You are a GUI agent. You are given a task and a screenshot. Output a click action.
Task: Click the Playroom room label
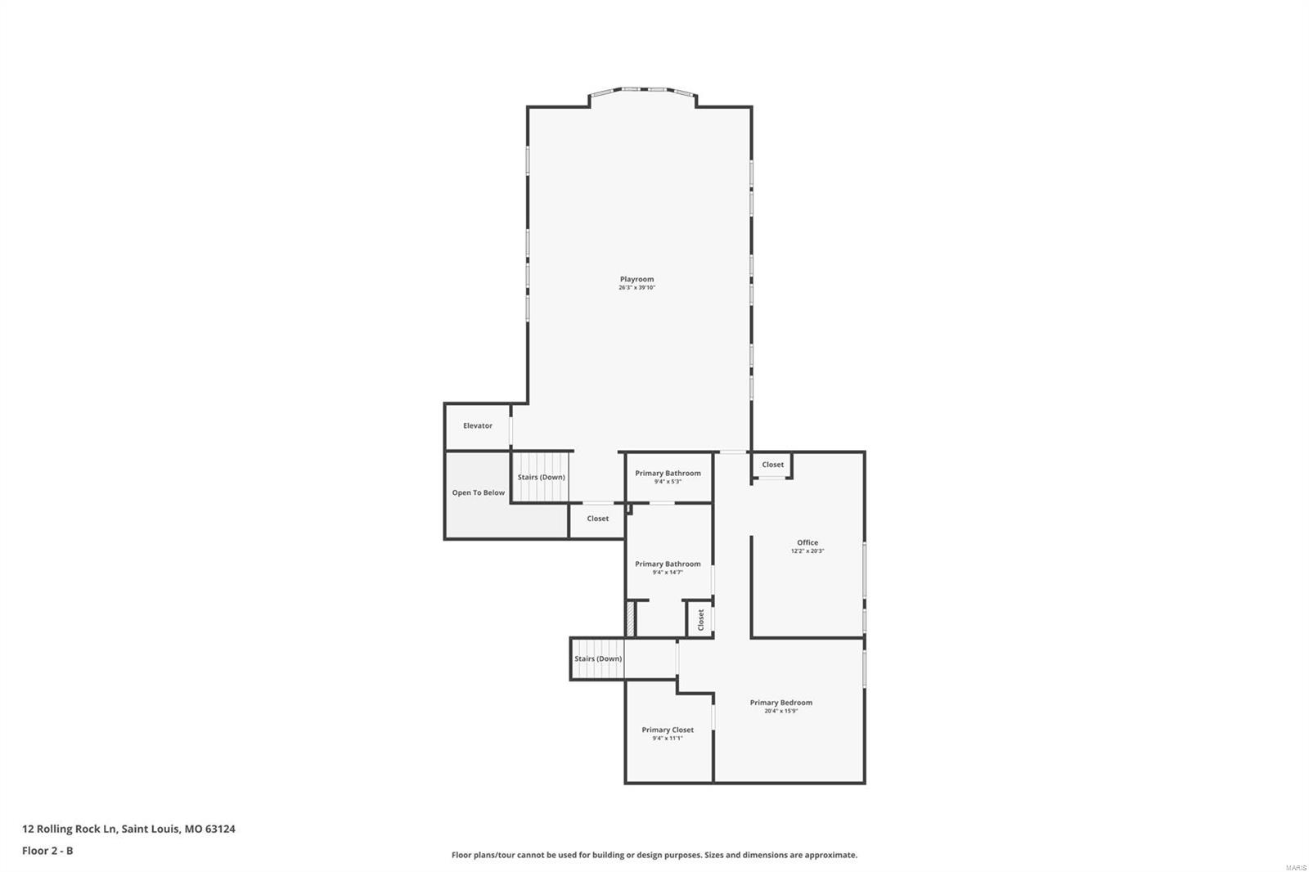637,279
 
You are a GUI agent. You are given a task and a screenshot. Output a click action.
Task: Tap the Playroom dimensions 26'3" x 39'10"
637,288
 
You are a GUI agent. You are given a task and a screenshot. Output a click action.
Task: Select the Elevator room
478,425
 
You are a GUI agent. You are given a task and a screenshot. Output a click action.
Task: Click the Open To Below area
479,492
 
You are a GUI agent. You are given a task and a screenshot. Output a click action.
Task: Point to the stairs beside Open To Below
541,477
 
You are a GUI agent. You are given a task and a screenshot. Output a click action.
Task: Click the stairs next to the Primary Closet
598,658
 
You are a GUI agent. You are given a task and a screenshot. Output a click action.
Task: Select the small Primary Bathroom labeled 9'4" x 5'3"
668,477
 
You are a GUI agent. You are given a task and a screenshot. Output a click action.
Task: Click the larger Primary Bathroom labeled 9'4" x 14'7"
668,567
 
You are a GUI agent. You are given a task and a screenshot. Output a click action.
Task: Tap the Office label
807,542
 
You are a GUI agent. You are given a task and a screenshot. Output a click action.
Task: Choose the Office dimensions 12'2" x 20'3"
807,551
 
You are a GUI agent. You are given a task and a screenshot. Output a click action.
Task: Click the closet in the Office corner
772,465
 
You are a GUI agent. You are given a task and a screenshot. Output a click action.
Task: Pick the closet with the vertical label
700,620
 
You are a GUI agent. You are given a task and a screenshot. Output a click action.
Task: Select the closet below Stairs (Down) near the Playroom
597,519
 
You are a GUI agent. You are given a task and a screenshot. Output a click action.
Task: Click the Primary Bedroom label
781,702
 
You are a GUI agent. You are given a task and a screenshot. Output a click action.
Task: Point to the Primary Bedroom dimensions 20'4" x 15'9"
781,711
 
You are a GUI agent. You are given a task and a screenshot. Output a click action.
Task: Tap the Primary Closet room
668,733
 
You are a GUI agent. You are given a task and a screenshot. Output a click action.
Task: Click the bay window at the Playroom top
642,90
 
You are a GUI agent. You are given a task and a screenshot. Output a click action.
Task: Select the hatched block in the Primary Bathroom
631,618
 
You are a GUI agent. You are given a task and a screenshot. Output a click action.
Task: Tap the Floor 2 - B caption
47,851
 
